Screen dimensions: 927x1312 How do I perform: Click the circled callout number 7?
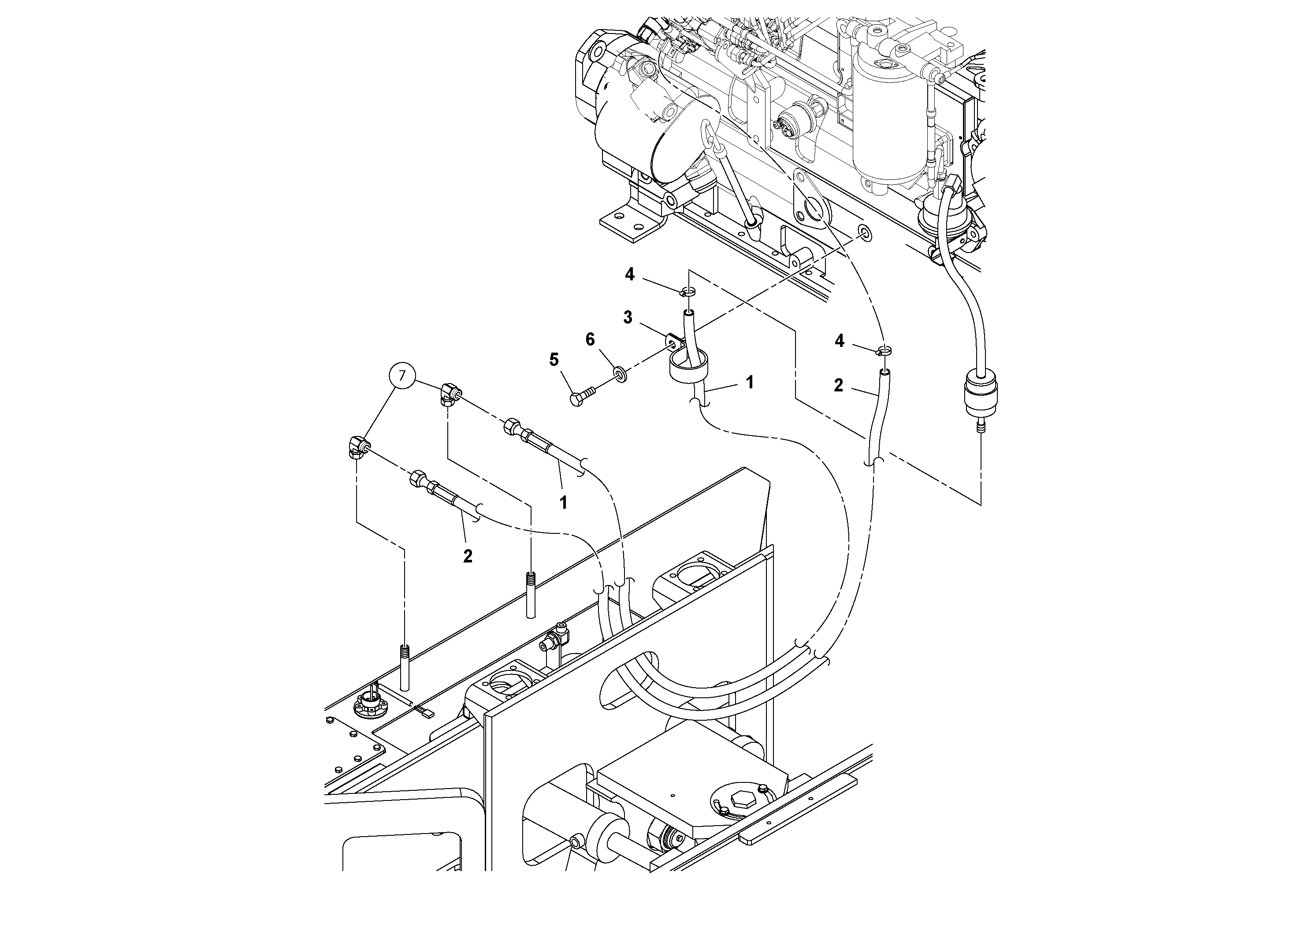click(402, 376)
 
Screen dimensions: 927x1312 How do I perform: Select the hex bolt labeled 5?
click(580, 397)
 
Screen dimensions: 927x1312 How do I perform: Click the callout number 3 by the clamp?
click(628, 318)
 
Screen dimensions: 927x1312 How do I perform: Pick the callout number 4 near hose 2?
click(839, 341)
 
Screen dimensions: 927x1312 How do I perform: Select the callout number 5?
click(554, 360)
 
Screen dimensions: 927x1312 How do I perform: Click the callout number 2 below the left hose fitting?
click(468, 556)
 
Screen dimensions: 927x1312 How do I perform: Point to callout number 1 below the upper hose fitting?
click(563, 503)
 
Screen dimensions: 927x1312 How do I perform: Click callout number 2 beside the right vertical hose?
click(838, 385)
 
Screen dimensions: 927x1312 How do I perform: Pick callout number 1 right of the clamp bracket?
click(750, 382)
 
